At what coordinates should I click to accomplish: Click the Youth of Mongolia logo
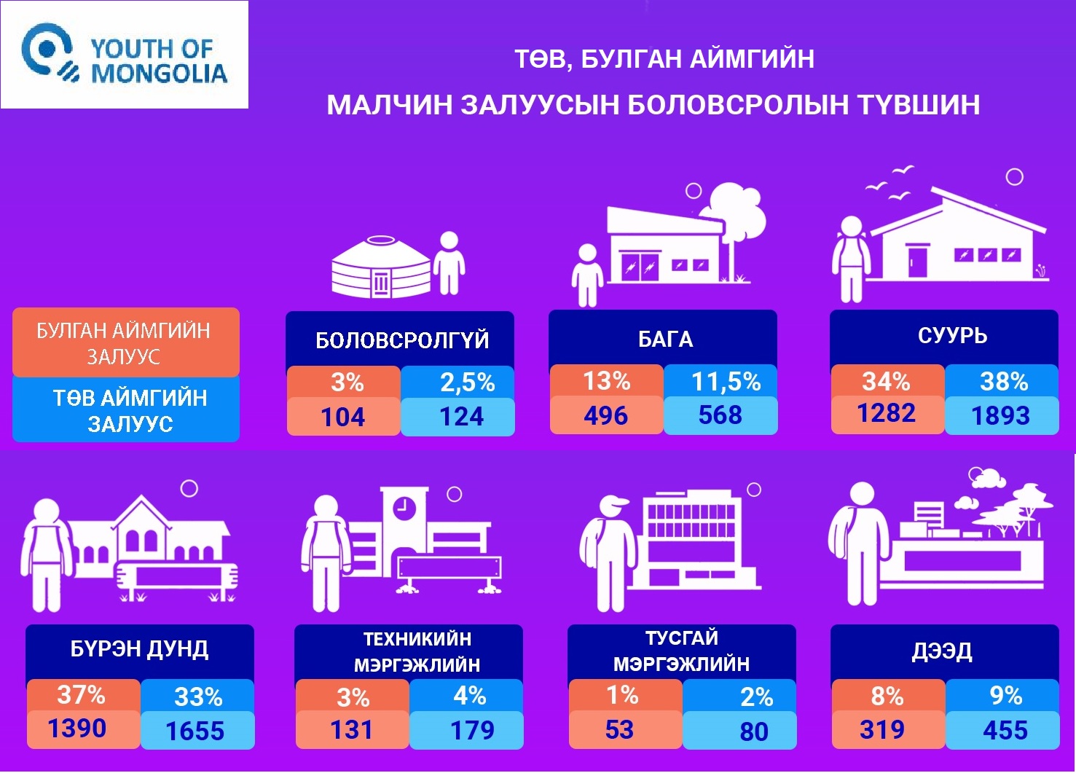(x=125, y=55)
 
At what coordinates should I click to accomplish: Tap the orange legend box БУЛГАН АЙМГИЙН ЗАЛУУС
(x=126, y=342)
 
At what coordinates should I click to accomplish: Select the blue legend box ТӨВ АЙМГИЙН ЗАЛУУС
(x=126, y=409)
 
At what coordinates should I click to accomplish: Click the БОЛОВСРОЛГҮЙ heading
(x=402, y=340)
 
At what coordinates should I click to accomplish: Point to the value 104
(x=343, y=417)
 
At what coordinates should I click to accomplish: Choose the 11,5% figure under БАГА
(x=726, y=382)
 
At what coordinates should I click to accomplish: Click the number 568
(x=720, y=415)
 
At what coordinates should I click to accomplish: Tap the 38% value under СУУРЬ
(x=1004, y=382)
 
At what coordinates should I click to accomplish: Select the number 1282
(x=887, y=413)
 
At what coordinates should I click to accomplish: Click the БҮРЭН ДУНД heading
(x=139, y=649)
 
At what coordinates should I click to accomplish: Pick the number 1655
(x=195, y=731)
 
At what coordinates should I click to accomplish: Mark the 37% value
(x=81, y=695)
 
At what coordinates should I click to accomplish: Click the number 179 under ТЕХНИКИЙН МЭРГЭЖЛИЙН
(x=472, y=730)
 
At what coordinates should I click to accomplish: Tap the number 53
(x=619, y=729)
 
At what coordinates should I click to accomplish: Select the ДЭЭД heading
(x=942, y=651)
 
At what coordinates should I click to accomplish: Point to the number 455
(x=1005, y=730)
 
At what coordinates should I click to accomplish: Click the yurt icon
(x=380, y=267)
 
